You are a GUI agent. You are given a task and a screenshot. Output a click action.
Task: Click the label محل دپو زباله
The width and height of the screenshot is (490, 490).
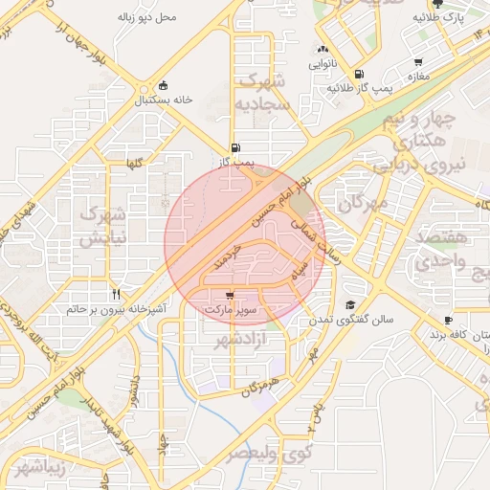coord(146,17)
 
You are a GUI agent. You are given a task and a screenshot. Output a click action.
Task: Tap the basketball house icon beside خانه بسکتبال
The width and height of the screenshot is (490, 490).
coord(164,83)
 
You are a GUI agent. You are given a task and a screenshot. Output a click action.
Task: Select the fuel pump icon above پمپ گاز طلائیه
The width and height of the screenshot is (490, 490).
coord(358,73)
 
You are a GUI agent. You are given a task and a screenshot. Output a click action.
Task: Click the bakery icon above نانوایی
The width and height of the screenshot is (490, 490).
coord(323,50)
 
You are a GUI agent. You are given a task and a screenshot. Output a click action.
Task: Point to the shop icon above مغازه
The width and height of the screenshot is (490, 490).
coord(415,59)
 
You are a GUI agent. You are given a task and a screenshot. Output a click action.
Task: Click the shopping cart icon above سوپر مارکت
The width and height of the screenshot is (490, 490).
coord(230,295)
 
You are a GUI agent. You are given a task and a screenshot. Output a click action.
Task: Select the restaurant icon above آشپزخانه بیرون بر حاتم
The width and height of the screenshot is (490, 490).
coord(116,294)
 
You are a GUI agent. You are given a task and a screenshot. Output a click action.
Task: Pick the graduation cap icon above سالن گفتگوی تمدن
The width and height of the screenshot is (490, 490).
coord(349,306)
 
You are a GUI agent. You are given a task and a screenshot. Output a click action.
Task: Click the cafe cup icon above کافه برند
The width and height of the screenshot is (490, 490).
coord(448,320)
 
